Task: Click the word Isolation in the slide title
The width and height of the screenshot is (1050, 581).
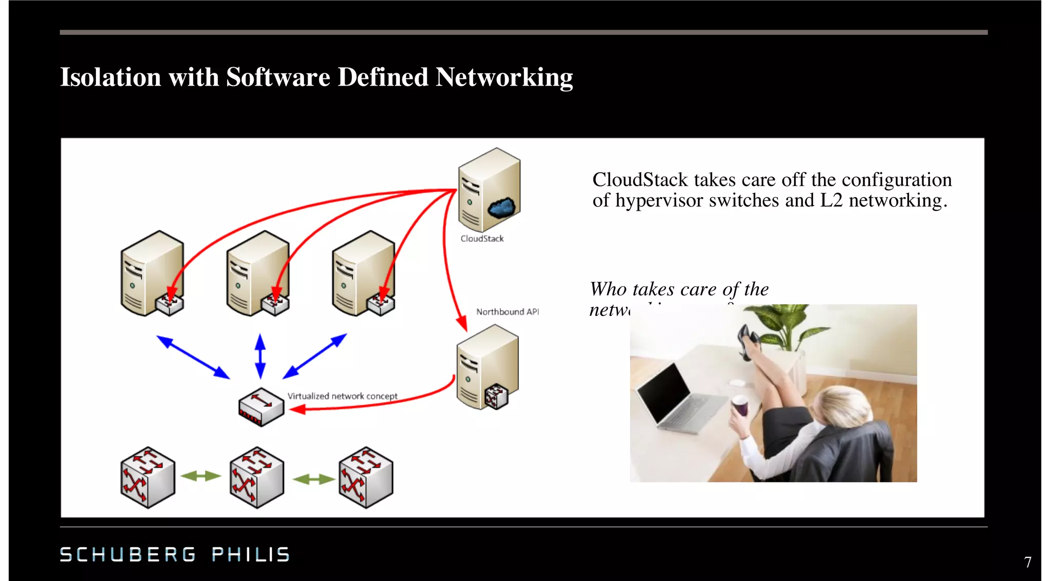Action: coord(110,77)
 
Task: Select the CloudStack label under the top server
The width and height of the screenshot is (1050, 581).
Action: coord(482,238)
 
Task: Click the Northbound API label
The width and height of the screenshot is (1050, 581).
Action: coord(507,312)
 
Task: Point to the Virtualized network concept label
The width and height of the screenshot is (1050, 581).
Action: coord(342,396)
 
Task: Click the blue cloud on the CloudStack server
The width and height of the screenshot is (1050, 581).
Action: coord(502,207)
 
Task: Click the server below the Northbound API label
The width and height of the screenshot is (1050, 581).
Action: coord(487,367)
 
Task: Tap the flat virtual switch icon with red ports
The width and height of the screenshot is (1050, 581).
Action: coord(261,407)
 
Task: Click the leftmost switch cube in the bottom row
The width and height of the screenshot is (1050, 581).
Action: coord(148,477)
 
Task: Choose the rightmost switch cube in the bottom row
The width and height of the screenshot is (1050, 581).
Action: coord(366,477)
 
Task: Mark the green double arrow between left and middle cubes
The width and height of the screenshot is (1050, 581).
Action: coord(201,476)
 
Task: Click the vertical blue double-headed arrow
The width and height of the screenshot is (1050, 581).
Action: coord(260,356)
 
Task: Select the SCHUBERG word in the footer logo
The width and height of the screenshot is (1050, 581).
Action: coord(128,554)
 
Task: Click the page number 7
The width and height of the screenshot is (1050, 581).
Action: coord(1027,562)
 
